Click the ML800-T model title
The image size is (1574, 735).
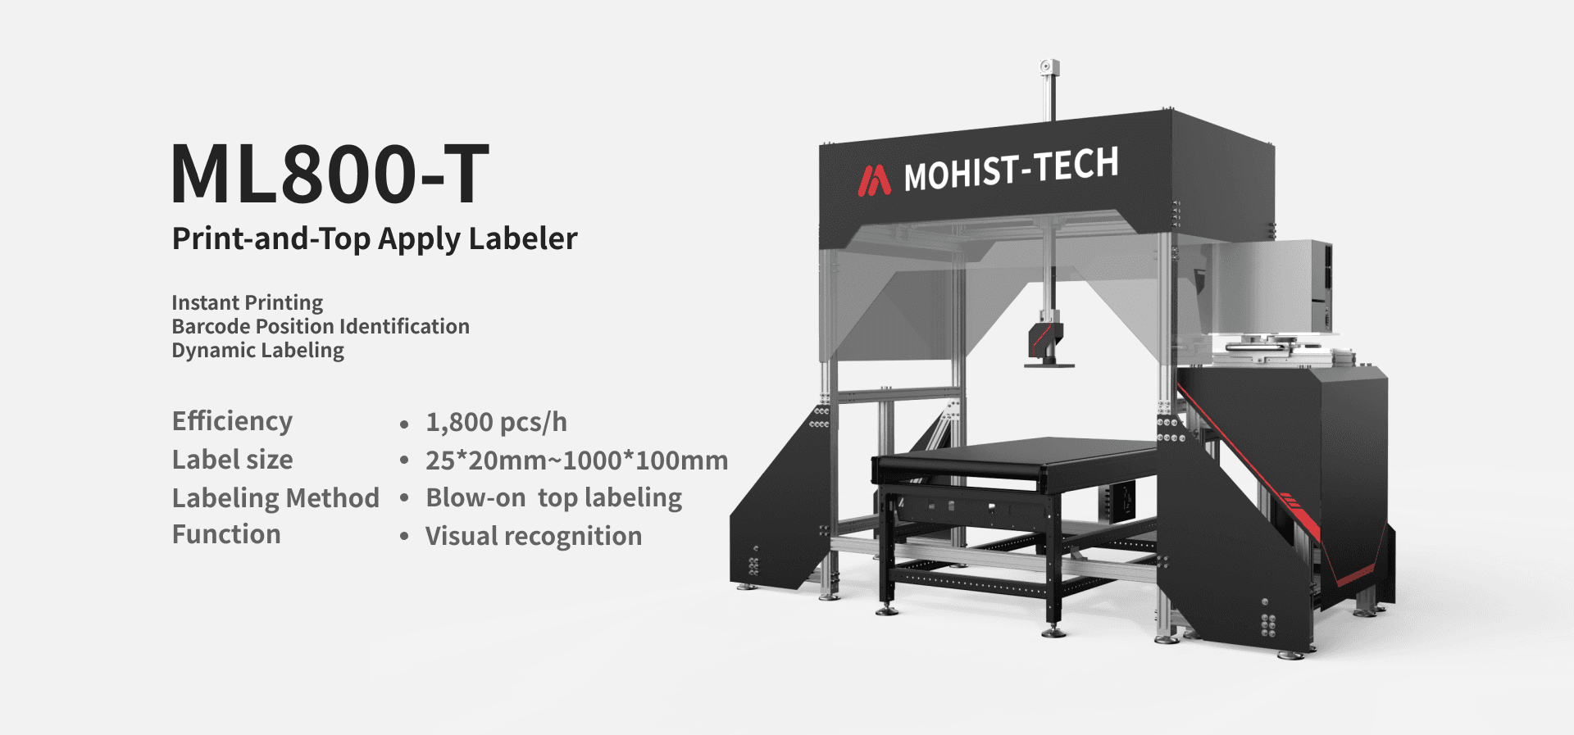[330, 174]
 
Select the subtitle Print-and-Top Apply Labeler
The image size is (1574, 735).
[375, 238]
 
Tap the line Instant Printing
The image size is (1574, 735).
[247, 302]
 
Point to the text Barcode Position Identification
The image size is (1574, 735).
[321, 326]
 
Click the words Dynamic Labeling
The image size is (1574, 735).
[257, 350]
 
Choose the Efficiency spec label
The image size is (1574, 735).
[232, 421]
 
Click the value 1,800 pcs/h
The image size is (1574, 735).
[496, 422]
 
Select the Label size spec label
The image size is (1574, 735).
[232, 460]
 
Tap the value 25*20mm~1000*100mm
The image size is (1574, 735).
[576, 461]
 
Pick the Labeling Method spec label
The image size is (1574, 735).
[275, 498]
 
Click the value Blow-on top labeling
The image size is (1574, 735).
[553, 498]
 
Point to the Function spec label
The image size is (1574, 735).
[226, 534]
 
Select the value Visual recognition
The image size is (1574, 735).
[534, 536]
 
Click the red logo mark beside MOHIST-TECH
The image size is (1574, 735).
[874, 180]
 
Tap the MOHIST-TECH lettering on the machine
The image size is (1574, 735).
[1011, 169]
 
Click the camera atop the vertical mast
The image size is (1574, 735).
[1048, 67]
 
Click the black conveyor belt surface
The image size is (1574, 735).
[1017, 455]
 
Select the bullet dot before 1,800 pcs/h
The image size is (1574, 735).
[404, 424]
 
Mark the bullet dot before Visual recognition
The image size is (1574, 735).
[404, 538]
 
